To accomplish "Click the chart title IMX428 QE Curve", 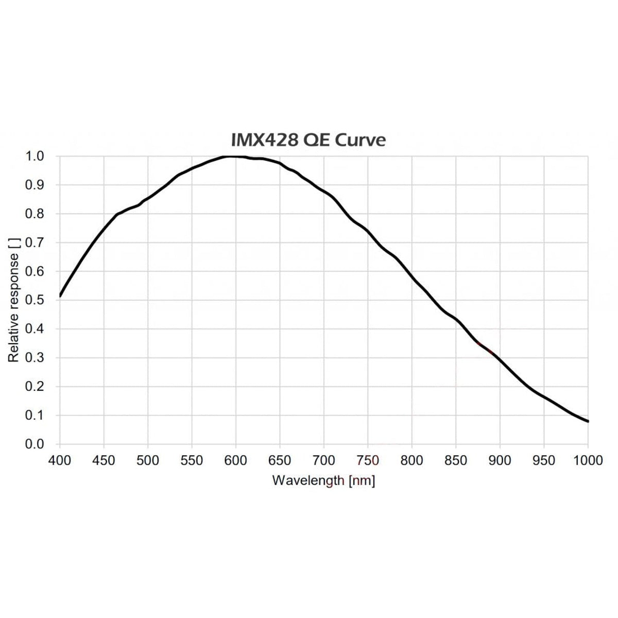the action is point(308,140).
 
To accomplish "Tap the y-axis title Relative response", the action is point(13,300).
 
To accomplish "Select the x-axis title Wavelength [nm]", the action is point(323,480).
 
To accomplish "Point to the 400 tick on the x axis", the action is point(60,461).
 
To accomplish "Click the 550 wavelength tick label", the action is point(192,461).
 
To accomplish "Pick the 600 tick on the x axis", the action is point(236,461).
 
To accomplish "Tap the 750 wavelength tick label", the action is point(368,461).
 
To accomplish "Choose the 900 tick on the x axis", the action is point(500,461).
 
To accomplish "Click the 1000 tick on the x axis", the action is point(588,461).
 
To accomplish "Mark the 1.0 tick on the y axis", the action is point(35,156).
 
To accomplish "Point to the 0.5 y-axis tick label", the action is point(35,300).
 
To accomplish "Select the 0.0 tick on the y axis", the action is point(35,444).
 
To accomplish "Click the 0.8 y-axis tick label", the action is point(35,214).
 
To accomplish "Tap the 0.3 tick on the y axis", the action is point(35,357).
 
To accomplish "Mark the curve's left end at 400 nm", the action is point(60,296).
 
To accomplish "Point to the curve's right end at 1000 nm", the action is point(588,421).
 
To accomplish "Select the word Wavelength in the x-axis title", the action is point(308,480).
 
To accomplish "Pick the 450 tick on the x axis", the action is point(104,461).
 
